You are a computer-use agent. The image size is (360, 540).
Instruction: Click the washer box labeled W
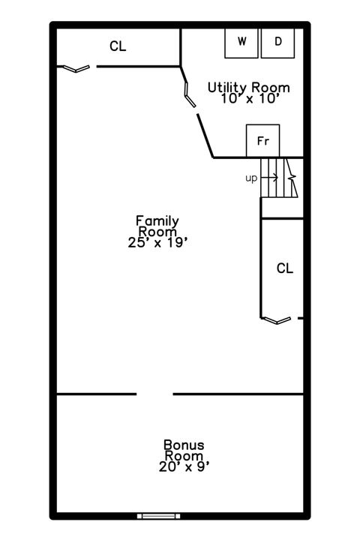pyautogui.click(x=242, y=42)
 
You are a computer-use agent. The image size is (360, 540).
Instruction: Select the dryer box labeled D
pyautogui.click(x=278, y=42)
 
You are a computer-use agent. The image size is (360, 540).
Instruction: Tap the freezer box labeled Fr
pyautogui.click(x=262, y=141)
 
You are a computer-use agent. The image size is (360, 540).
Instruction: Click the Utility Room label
pyautogui.click(x=248, y=88)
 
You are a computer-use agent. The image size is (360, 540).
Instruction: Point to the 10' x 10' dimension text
pyautogui.click(x=248, y=98)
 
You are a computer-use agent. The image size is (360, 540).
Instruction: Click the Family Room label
pyautogui.click(x=157, y=226)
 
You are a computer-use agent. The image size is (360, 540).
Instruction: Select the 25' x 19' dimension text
pyautogui.click(x=157, y=241)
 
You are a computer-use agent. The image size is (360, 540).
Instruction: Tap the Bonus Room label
pyautogui.click(x=184, y=450)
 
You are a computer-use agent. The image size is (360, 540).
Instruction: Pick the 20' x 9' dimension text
pyautogui.click(x=184, y=466)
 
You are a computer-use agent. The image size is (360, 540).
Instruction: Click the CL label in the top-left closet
pyautogui.click(x=118, y=46)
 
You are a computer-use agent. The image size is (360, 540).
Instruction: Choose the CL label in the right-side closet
pyautogui.click(x=284, y=268)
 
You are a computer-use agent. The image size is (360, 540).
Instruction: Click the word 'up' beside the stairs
pyautogui.click(x=251, y=178)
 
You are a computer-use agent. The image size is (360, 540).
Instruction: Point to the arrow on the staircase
pyautogui.click(x=271, y=178)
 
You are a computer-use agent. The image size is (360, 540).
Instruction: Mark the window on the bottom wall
pyautogui.click(x=158, y=515)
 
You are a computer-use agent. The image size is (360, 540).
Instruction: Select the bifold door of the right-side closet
pyautogui.click(x=275, y=320)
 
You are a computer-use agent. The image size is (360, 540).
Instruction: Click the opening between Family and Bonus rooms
pyautogui.click(x=154, y=394)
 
